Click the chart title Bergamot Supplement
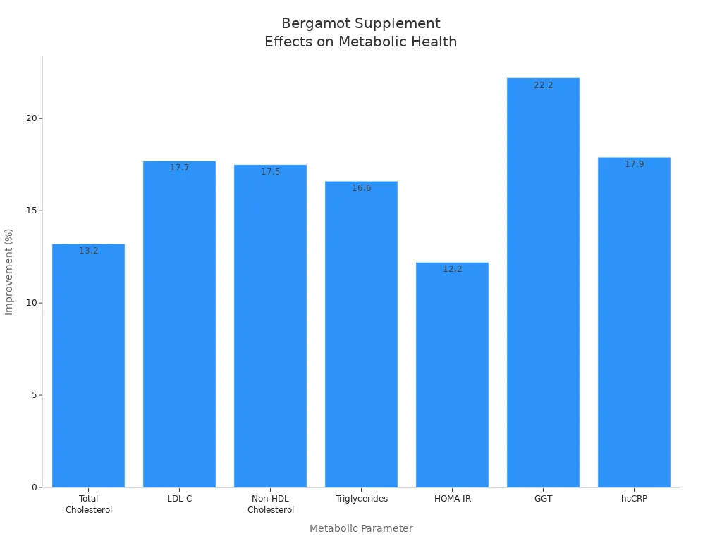pos(360,24)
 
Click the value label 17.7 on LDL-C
pos(180,168)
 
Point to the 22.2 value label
pos(543,85)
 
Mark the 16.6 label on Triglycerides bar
pos(361,188)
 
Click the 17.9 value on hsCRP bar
pos(634,164)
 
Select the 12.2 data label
pos(452,269)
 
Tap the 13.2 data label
pos(88,251)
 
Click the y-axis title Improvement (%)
pos(9,271)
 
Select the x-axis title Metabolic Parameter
pos(361,528)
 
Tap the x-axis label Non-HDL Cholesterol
pos(270,504)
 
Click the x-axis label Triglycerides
pos(361,499)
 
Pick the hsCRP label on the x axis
pos(634,499)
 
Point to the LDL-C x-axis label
pos(179,499)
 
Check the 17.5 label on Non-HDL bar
pos(270,172)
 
